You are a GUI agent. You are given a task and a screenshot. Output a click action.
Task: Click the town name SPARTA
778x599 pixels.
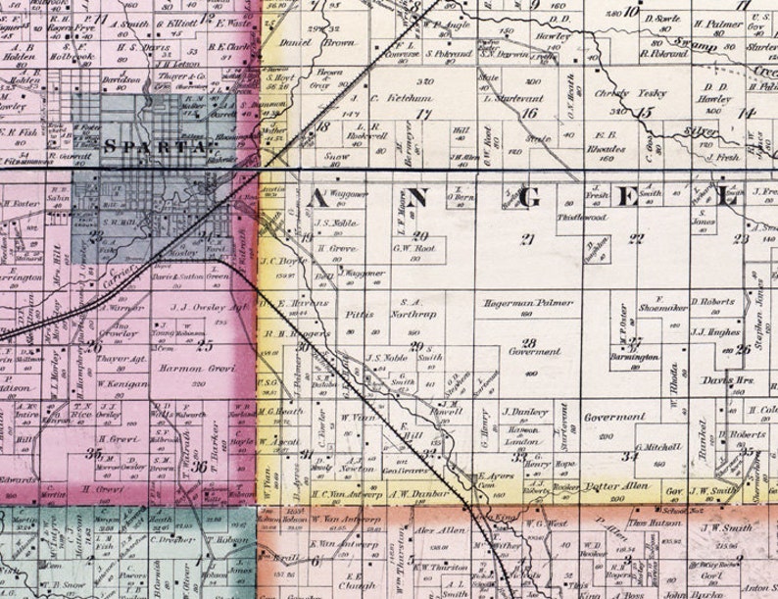pyautogui.click(x=157, y=147)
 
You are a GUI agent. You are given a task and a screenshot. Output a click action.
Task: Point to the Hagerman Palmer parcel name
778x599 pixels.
pyautogui.click(x=528, y=304)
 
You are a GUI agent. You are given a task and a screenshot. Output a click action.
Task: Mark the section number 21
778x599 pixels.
pyautogui.click(x=529, y=239)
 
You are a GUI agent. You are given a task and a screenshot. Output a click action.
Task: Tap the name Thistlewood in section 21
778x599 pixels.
pyautogui.click(x=578, y=217)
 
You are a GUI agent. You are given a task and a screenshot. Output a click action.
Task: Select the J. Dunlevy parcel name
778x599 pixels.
pyautogui.click(x=522, y=412)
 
